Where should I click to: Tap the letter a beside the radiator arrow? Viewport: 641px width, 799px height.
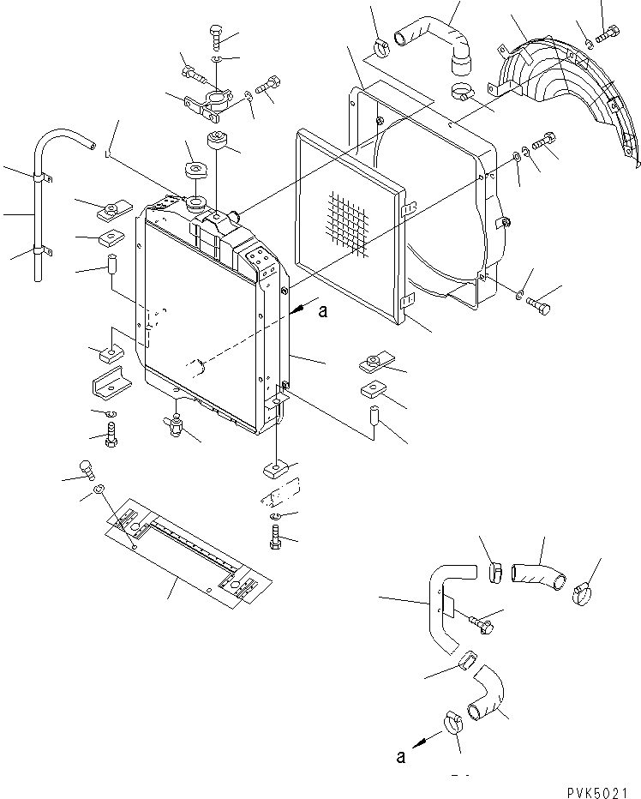tap(322, 312)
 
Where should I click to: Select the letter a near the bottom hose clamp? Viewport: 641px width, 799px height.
tap(399, 755)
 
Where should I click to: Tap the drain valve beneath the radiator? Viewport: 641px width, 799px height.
tap(177, 423)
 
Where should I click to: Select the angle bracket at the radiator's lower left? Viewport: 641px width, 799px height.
tap(110, 383)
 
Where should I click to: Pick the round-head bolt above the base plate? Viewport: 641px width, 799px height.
tap(84, 467)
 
